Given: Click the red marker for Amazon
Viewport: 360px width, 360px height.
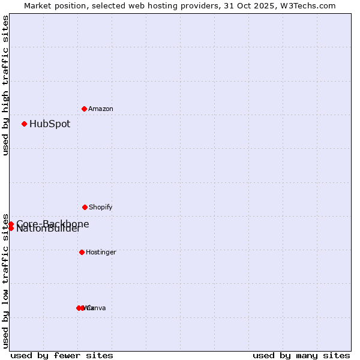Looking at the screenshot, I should click(x=84, y=109).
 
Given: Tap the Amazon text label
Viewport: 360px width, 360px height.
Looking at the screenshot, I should click(x=101, y=109).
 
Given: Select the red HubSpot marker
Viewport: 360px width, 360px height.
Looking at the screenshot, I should click(x=24, y=124).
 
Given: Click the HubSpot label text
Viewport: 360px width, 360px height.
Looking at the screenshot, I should click(x=50, y=124).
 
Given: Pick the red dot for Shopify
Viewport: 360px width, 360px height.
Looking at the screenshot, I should click(x=85, y=207).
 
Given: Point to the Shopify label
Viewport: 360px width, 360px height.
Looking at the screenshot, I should click(x=101, y=208).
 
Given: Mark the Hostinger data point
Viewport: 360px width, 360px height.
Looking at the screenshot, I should click(x=82, y=252).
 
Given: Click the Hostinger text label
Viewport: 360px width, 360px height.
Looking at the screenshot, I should click(x=101, y=253).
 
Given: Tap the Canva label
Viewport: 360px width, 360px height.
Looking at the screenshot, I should click(x=97, y=308).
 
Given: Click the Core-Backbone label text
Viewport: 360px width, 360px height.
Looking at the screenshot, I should click(x=53, y=224).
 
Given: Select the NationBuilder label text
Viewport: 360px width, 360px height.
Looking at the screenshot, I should click(x=48, y=229).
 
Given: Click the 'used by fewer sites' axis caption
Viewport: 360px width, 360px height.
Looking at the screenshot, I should click(x=62, y=355).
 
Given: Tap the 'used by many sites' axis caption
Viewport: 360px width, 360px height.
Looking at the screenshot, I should click(x=301, y=355).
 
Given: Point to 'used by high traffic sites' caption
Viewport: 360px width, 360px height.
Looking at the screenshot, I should click(x=5, y=85).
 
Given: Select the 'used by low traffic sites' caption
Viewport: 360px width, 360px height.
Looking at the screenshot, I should click(x=5, y=281).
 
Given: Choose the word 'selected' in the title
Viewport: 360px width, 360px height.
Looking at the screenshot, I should click(x=101, y=5).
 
